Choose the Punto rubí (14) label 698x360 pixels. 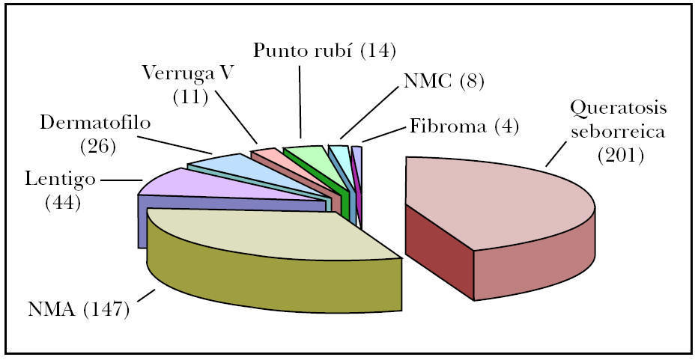[x=324, y=51]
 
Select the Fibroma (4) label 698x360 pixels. [x=464, y=125]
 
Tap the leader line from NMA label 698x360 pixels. [x=146, y=296]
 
